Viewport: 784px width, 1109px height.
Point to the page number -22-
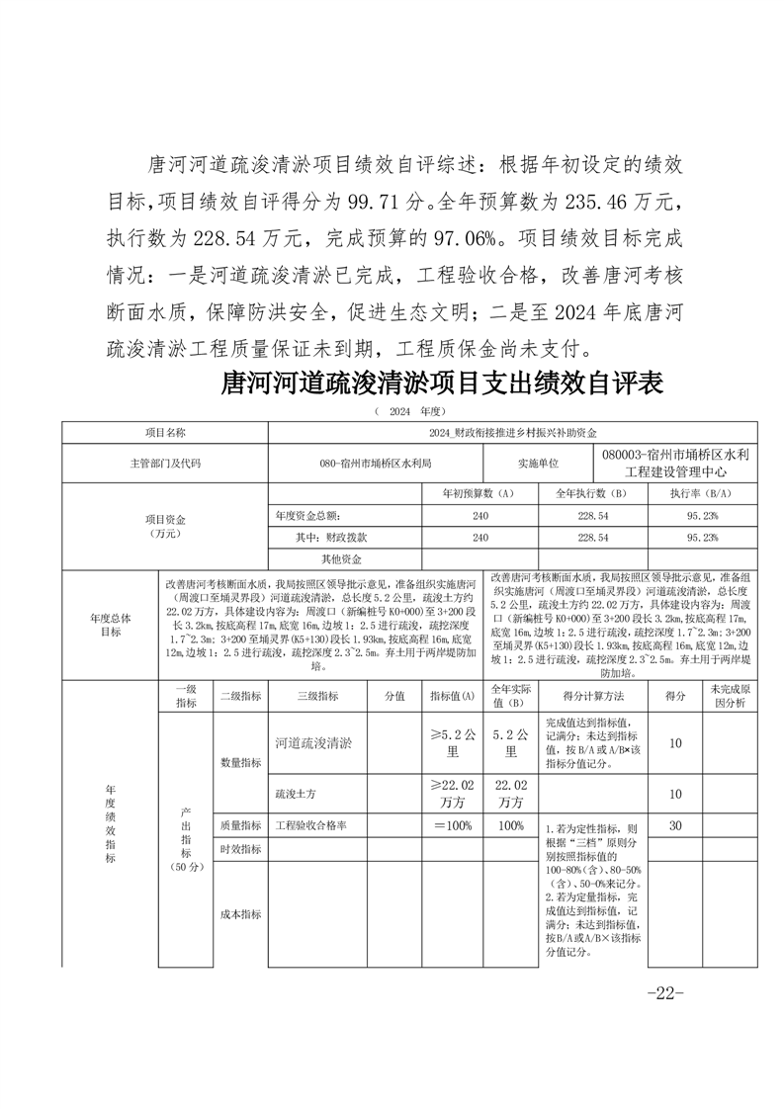(x=664, y=992)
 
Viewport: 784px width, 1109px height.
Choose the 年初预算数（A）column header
(x=484, y=492)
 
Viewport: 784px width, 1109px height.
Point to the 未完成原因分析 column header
(x=730, y=696)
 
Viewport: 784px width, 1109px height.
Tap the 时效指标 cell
(x=240, y=849)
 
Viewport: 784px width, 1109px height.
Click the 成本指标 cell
(x=240, y=914)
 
